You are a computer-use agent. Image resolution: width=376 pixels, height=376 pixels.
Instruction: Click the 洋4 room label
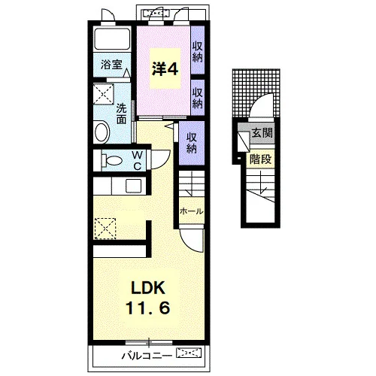165,68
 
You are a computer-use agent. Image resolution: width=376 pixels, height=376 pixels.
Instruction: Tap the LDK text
148,288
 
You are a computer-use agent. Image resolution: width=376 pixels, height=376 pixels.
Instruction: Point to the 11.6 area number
148,308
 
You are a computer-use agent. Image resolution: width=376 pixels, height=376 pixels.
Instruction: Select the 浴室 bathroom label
111,65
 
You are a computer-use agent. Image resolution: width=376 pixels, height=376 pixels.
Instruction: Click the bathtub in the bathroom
112,39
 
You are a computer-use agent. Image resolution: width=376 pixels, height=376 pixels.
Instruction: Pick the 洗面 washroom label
121,114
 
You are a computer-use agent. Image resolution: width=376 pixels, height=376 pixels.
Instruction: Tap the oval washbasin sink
102,132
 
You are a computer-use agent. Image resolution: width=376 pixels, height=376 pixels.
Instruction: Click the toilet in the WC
112,160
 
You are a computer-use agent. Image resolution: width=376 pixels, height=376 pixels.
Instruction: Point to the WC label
138,160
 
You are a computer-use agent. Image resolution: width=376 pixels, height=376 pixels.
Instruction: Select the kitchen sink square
134,186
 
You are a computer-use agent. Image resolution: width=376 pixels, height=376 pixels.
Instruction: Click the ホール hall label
191,211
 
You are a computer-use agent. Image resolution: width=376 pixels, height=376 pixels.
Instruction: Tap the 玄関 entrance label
262,132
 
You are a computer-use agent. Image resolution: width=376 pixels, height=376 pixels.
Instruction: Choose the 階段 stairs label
261,159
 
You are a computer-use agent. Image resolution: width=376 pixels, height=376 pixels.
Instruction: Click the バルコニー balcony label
147,356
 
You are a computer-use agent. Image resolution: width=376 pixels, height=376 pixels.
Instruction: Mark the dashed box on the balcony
189,353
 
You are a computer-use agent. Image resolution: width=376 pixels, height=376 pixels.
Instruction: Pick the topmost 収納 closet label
198,51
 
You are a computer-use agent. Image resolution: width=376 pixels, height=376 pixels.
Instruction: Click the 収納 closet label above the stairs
192,143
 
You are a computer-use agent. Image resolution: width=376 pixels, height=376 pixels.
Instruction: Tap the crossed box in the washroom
104,94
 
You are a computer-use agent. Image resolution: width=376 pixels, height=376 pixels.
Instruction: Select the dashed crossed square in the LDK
105,229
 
